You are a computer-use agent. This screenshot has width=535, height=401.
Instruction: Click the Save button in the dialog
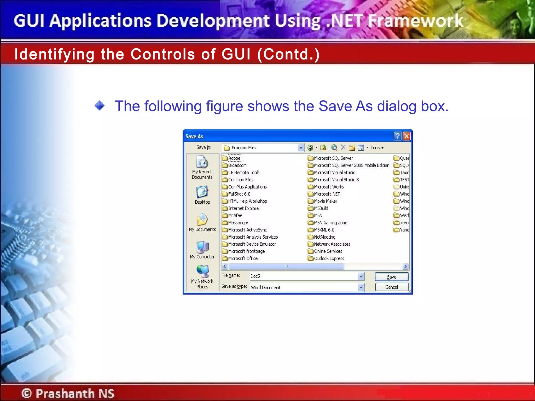coord(391,277)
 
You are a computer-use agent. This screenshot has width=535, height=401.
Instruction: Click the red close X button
coord(406,136)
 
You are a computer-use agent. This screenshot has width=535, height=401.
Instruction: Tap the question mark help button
coord(397,136)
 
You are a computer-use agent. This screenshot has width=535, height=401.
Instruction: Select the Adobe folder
coord(234,158)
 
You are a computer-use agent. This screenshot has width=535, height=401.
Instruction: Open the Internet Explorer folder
coord(244,208)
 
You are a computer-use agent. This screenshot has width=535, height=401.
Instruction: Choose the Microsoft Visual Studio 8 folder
coord(336,180)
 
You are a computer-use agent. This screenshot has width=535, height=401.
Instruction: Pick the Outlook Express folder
coord(329,258)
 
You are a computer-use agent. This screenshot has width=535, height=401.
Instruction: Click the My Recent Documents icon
coord(202,162)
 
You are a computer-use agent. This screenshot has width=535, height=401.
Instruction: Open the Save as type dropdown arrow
coord(361,287)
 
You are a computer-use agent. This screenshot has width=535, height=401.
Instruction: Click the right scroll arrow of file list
coord(405,266)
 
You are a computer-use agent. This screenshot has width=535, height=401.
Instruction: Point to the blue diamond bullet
coord(100,106)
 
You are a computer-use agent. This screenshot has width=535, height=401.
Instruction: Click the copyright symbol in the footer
coord(27,393)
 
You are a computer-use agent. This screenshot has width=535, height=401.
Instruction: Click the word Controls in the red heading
coord(162,54)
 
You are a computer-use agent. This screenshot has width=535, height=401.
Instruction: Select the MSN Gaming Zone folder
coord(330,223)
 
